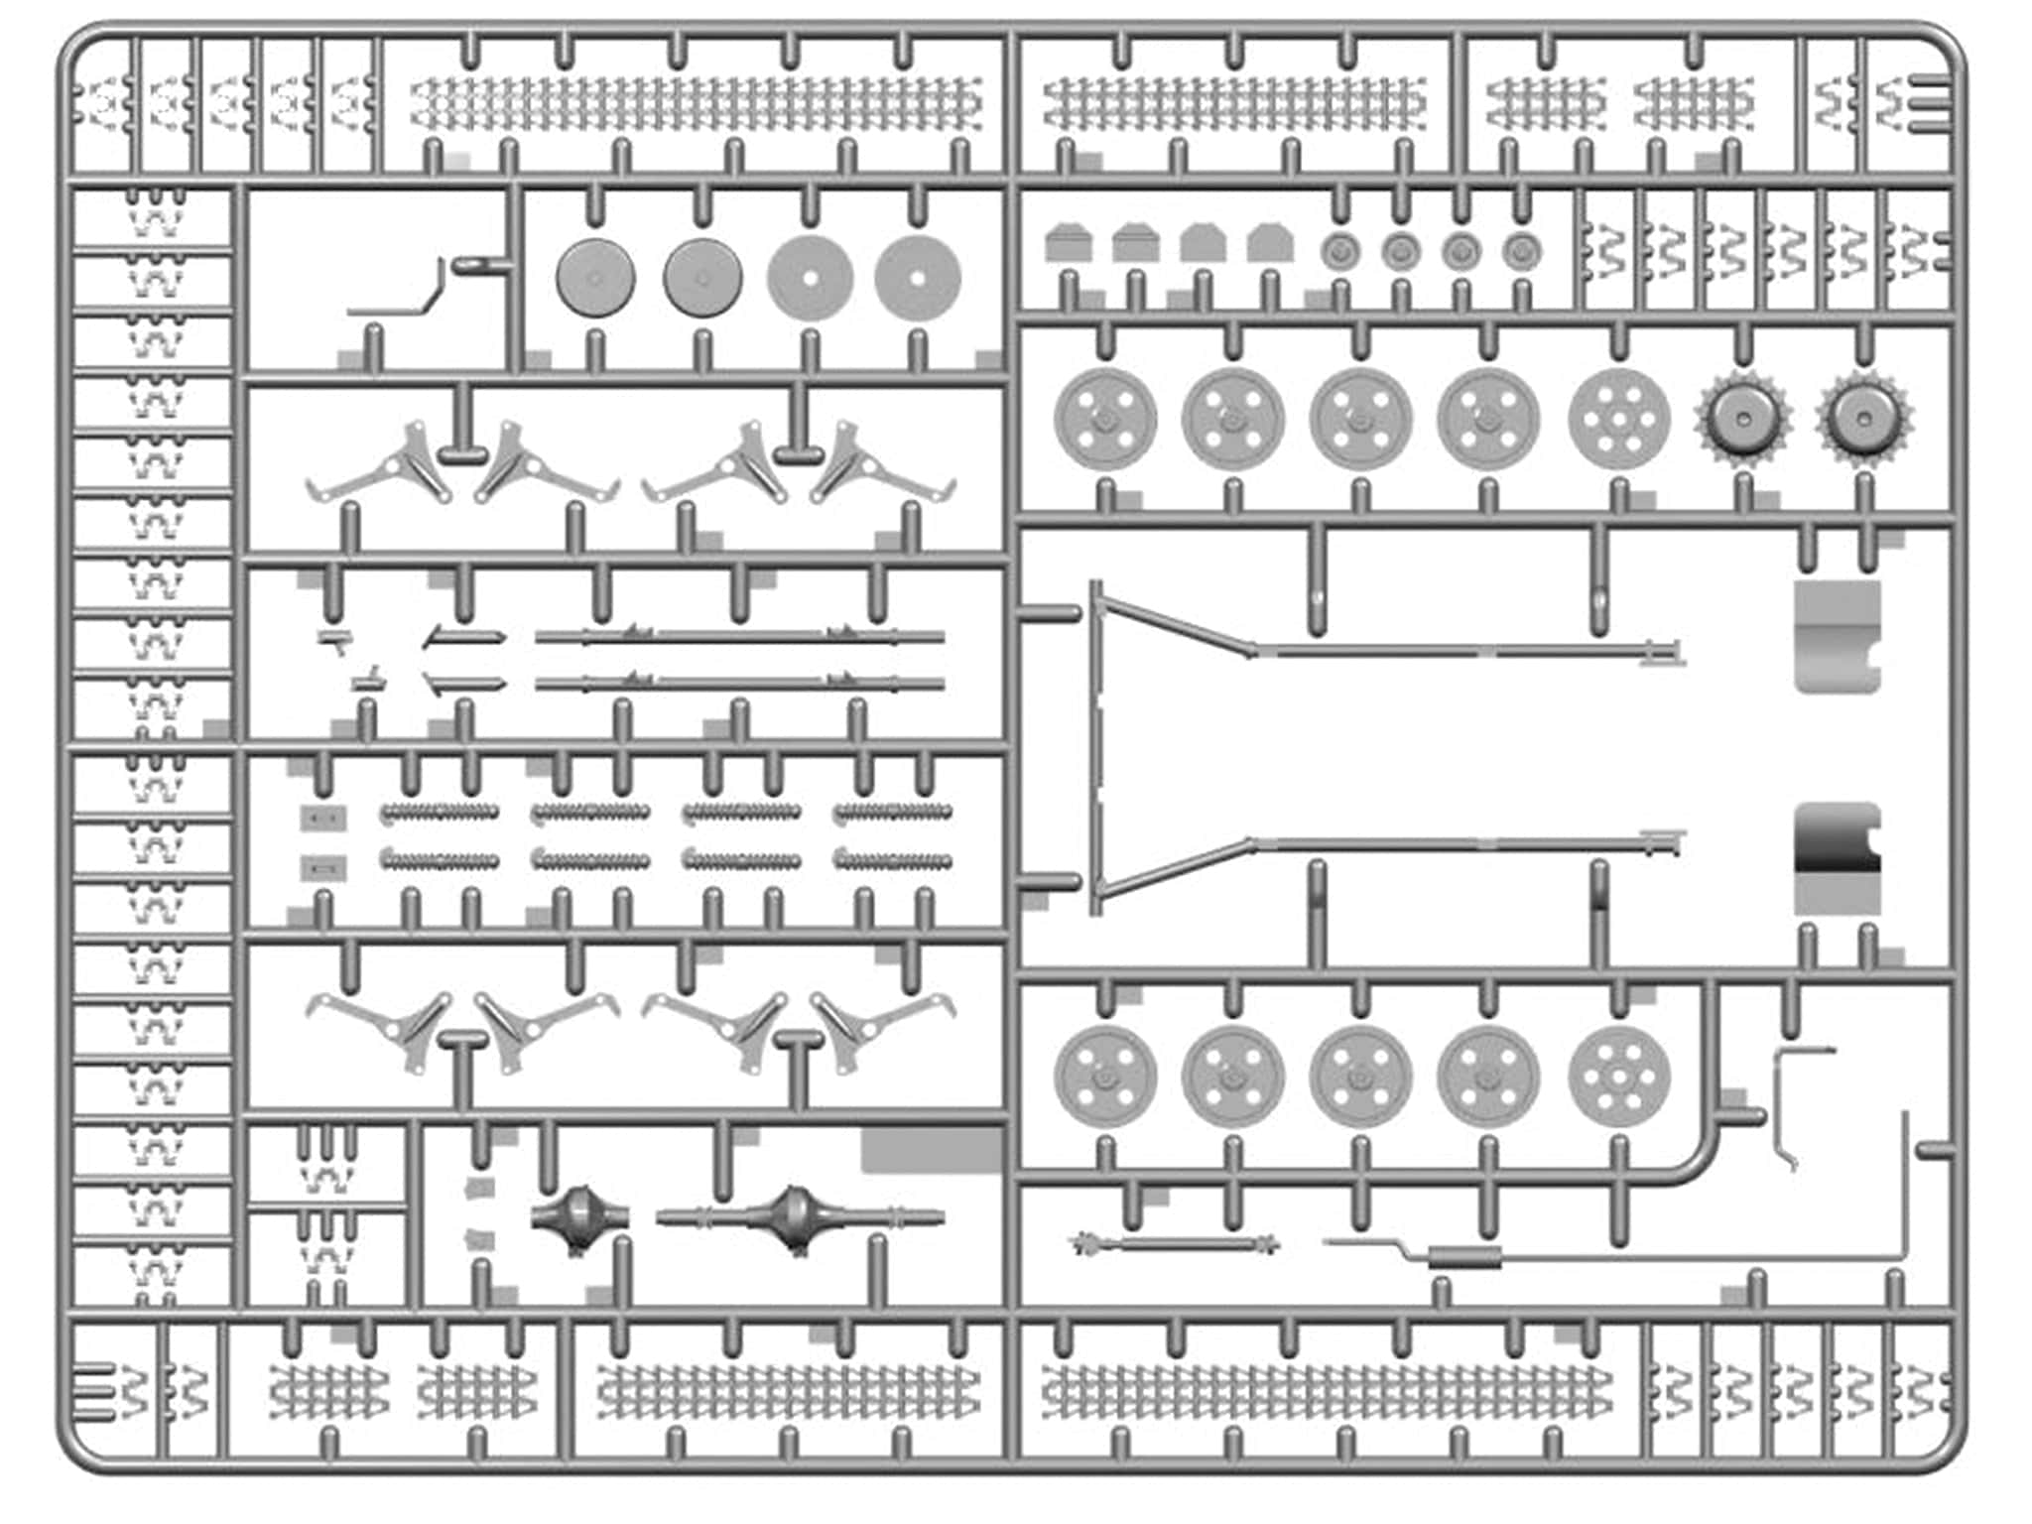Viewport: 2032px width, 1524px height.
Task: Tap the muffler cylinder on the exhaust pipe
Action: [x=1463, y=1259]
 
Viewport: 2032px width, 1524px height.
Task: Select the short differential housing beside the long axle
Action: [x=579, y=1215]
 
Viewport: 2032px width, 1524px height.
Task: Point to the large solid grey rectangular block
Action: [x=931, y=1149]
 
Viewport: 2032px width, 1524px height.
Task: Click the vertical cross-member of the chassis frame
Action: [x=1096, y=749]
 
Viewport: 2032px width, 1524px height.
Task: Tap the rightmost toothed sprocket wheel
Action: [x=1864, y=420]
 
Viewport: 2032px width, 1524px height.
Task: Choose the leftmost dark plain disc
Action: [x=595, y=278]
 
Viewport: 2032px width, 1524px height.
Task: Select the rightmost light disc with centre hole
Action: [x=918, y=278]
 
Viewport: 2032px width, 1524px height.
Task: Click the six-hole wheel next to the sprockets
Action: [x=1618, y=420]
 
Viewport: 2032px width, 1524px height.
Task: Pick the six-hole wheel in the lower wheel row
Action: [x=1618, y=1077]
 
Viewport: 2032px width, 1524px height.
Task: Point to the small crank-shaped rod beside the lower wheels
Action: [x=1786, y=1101]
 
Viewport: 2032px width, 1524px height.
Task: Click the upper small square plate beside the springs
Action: [x=323, y=819]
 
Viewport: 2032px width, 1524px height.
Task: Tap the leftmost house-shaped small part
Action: [x=1069, y=243]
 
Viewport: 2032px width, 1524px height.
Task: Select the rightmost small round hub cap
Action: [x=1521, y=252]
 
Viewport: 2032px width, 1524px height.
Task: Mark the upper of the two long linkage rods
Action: [x=739, y=637]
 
